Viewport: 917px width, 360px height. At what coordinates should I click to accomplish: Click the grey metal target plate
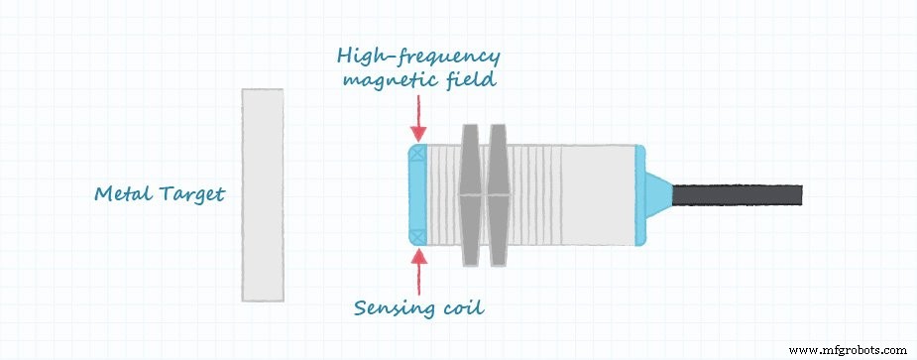tap(262, 195)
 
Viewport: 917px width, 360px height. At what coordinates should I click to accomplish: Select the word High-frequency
tap(419, 59)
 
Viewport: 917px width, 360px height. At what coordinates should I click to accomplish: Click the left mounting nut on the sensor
tap(469, 195)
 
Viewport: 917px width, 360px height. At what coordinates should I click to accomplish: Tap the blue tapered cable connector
tap(659, 194)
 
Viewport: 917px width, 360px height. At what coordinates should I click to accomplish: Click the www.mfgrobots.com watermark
tap(852, 349)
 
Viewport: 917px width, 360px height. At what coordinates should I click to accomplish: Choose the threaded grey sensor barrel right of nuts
tap(570, 195)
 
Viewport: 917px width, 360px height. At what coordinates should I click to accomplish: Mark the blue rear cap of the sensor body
tap(640, 194)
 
